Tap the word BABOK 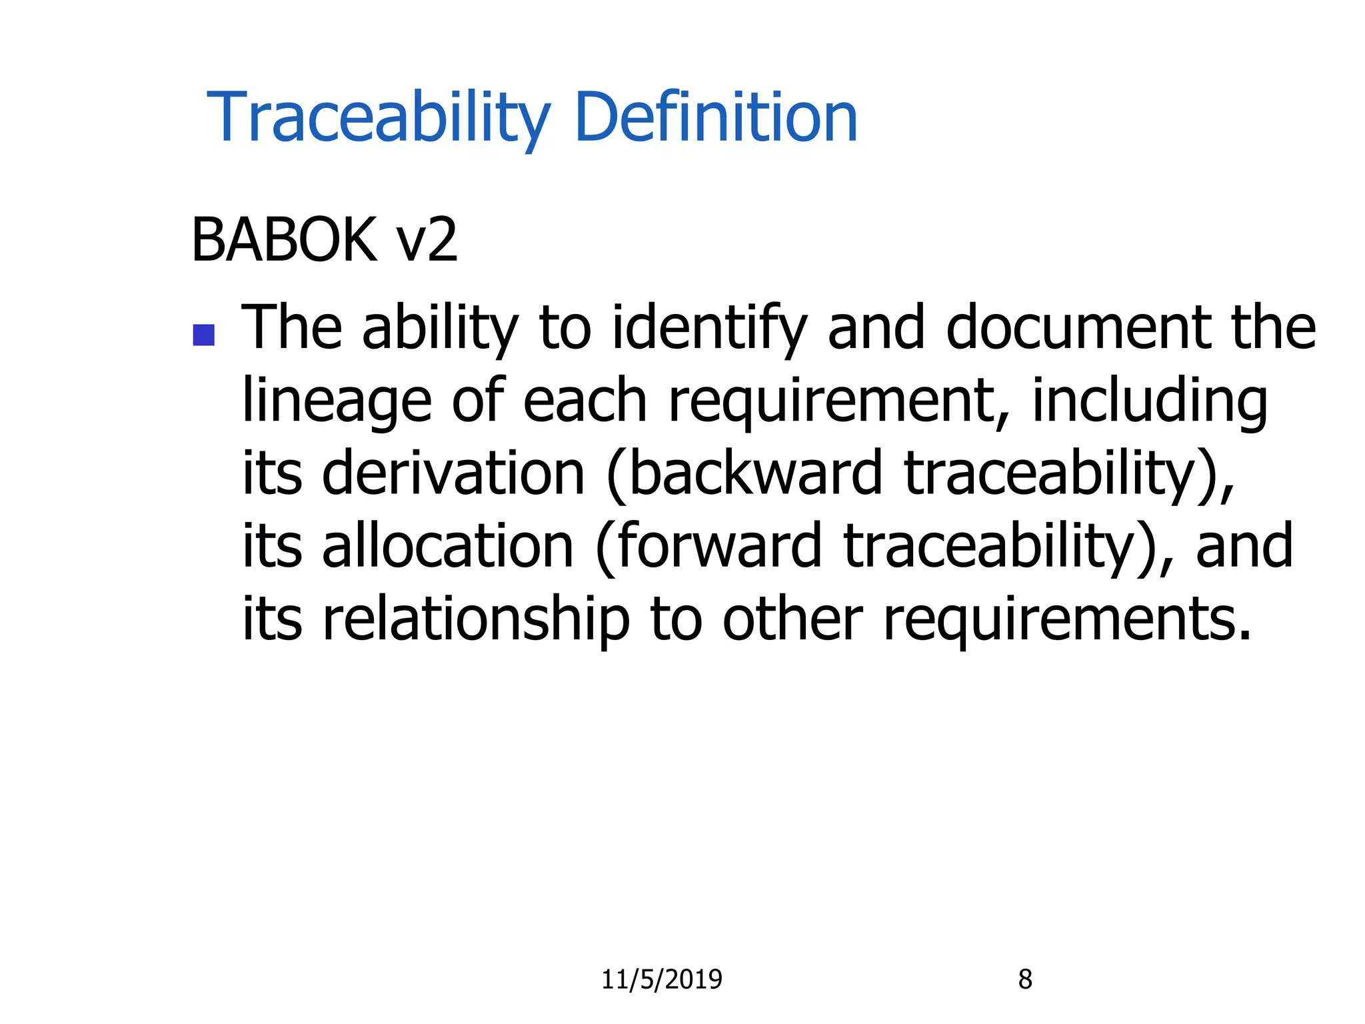284,240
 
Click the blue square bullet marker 203,335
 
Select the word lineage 337,401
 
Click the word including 1149,401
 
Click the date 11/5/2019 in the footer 661,979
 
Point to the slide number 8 1025,979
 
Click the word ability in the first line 440,328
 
